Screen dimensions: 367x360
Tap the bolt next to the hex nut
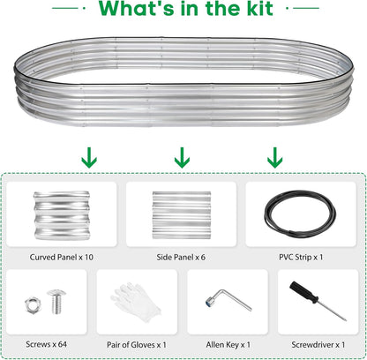click(56, 301)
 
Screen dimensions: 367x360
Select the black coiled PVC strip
click(300, 214)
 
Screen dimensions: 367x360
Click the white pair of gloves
click(136, 303)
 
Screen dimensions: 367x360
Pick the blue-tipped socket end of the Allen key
click(210, 302)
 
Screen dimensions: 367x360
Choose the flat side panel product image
click(182, 215)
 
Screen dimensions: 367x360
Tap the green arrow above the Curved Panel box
click(89, 158)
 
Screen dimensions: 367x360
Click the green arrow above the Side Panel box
click(182, 158)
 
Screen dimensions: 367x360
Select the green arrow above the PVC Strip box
click(275, 158)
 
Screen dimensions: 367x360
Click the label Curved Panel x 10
click(62, 258)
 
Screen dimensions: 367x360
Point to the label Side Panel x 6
click(181, 258)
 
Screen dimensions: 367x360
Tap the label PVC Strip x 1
click(301, 258)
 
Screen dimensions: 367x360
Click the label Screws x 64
click(46, 344)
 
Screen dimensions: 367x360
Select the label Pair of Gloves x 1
click(137, 345)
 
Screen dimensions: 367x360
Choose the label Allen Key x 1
click(228, 345)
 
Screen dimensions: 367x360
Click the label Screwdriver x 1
click(318, 345)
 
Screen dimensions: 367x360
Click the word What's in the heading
click(136, 8)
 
